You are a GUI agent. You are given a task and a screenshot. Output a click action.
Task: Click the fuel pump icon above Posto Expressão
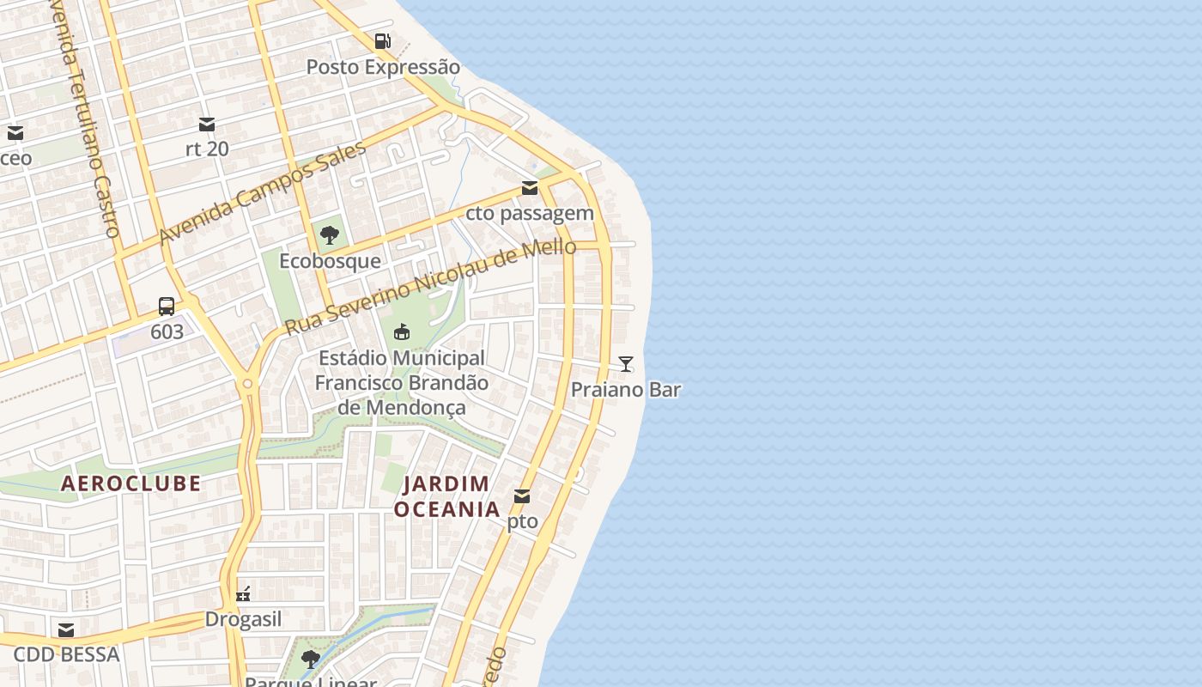[x=382, y=41]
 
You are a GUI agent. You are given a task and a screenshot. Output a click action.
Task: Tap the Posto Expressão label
[x=383, y=67]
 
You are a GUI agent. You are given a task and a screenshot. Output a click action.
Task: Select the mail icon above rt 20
[x=207, y=125]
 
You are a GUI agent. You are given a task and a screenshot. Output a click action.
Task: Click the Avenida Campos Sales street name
[x=263, y=192]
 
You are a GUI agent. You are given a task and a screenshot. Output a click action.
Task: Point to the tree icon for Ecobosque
[x=329, y=234]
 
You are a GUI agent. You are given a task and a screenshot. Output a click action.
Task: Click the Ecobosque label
[x=330, y=260]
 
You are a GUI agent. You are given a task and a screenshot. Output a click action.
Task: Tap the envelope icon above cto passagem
[x=530, y=188]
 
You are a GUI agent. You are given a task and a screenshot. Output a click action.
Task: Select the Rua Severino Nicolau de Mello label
[x=430, y=287]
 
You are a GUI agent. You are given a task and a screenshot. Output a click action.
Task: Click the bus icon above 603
[x=167, y=306]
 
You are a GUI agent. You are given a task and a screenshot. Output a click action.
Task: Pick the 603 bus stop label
[x=167, y=331]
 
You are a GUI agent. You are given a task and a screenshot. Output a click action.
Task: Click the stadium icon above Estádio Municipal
[x=401, y=331]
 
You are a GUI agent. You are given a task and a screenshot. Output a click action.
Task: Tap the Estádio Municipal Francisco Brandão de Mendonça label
[x=401, y=382]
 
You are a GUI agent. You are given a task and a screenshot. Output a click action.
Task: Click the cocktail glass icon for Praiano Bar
[x=626, y=364]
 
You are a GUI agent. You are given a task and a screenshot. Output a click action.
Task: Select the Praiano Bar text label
[x=626, y=390]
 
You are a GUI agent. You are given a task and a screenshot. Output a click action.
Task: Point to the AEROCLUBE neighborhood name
[x=131, y=483]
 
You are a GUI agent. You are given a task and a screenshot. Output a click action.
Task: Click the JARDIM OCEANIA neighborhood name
[x=447, y=496]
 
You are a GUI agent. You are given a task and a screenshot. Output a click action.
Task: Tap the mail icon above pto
[x=522, y=496]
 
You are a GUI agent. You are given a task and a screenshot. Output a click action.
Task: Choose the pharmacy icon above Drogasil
[x=243, y=593]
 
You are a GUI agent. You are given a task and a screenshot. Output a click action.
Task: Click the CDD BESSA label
[x=66, y=654]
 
